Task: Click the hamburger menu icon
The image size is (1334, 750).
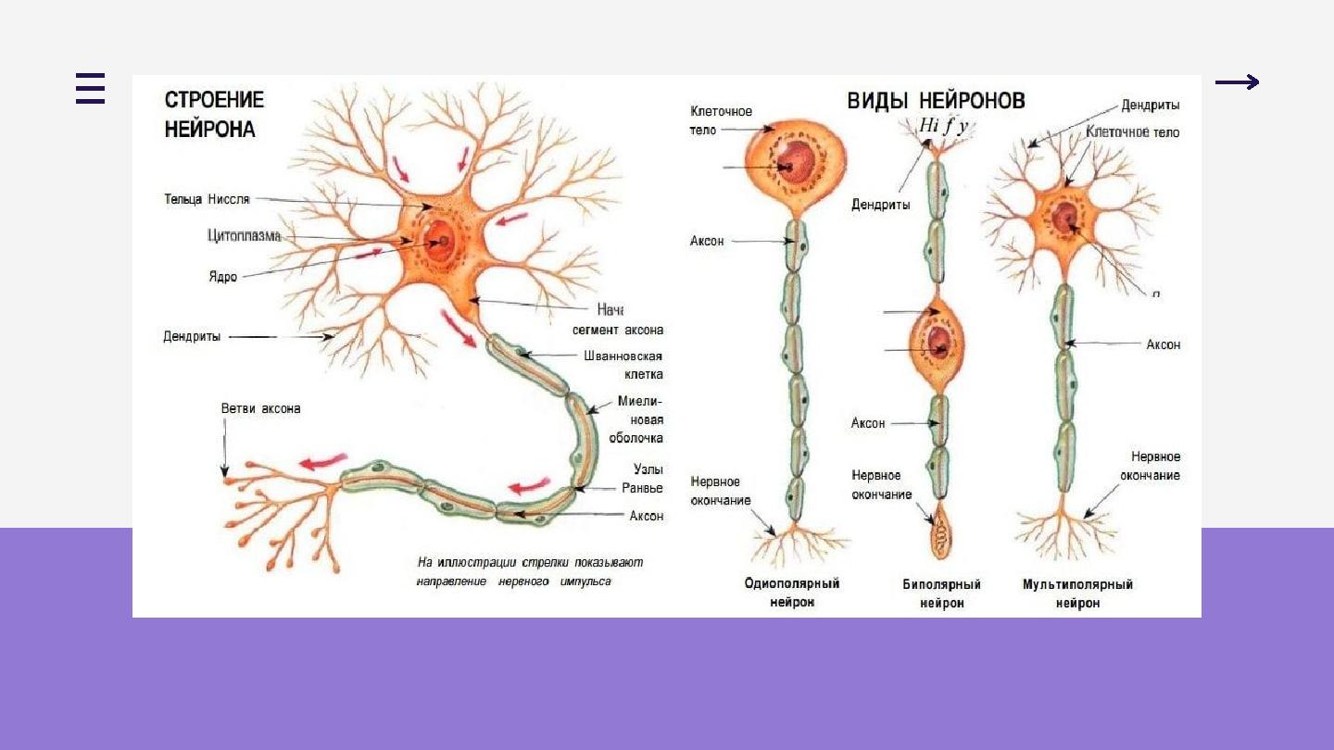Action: point(90,88)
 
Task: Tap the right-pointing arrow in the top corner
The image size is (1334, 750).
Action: point(1237,83)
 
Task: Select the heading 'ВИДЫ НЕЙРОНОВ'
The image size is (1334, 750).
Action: point(936,101)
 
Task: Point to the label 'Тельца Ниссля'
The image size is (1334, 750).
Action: point(207,199)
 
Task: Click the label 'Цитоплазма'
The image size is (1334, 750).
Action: point(244,236)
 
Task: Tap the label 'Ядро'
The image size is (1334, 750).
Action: point(222,276)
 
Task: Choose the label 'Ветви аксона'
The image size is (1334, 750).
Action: point(260,408)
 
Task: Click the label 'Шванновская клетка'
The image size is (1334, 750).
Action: point(623,365)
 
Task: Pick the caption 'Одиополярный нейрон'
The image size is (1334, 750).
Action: point(791,593)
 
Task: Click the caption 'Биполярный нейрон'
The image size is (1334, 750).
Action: point(941,593)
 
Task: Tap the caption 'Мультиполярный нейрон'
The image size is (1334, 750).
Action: point(1077,593)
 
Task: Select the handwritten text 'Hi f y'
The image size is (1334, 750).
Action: point(943,125)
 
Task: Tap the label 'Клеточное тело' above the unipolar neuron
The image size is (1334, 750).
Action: point(721,120)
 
